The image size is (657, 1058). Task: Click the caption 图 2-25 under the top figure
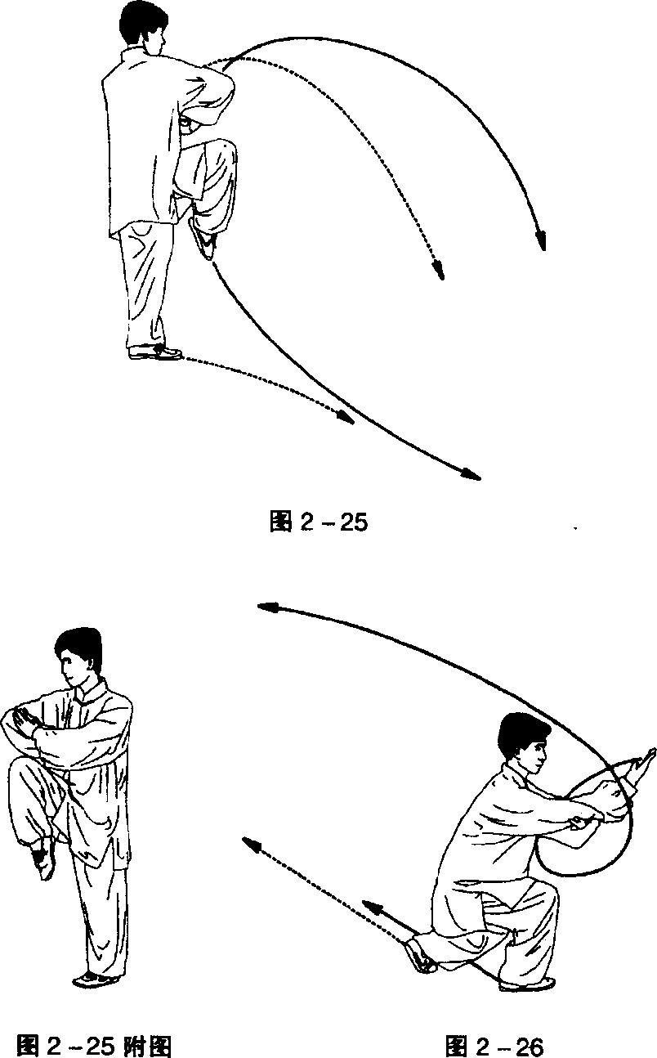(x=319, y=522)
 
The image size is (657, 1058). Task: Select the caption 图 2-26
(x=494, y=1045)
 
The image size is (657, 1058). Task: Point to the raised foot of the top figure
(x=204, y=240)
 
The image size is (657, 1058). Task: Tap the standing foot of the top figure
(x=154, y=352)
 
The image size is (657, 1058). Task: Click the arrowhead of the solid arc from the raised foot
(x=471, y=473)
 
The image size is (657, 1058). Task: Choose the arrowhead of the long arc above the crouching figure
(x=267, y=607)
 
